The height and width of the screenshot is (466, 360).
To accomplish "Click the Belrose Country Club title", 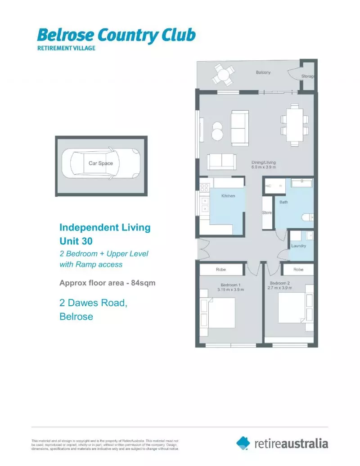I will point(116,35).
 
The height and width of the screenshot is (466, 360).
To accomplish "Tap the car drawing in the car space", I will point(101,163).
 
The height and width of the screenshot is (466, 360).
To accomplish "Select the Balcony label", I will point(263,72).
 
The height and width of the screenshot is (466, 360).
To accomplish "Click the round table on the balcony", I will point(224,74).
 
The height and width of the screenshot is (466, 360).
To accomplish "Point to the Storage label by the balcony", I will point(308,77).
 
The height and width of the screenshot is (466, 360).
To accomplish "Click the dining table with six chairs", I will point(295,125).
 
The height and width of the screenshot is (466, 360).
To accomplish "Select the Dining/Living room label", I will point(263,165).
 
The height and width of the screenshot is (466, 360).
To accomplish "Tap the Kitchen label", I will point(228,196).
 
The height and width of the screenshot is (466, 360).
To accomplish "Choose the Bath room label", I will point(283,202).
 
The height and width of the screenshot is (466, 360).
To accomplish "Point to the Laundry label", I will point(299,246).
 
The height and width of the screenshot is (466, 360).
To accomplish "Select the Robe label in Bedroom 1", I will point(220,270).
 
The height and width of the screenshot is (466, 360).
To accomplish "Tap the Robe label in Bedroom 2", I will point(298,270).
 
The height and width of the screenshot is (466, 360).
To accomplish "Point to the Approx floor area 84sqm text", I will point(108,283).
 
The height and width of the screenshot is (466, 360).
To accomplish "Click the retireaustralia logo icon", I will point(243,443).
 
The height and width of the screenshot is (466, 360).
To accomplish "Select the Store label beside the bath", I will point(267,213).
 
